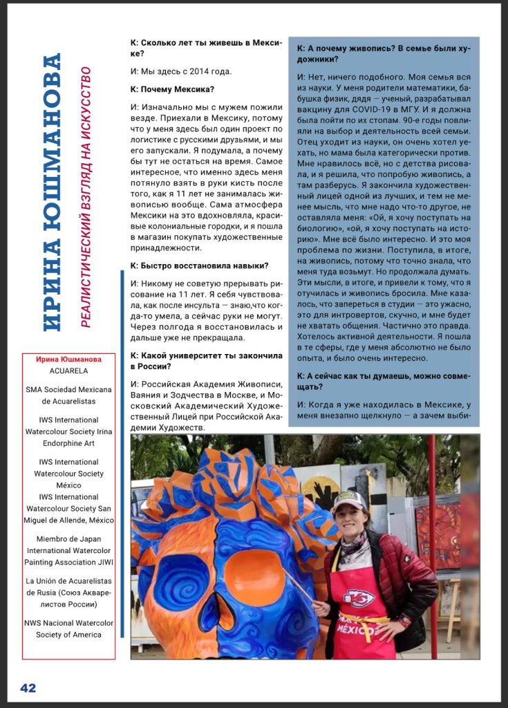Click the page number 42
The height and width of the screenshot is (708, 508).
[28, 688]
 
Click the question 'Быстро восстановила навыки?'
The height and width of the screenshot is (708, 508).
[199, 265]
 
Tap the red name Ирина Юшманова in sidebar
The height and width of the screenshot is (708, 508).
[68, 359]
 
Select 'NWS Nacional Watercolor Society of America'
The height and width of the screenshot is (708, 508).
[68, 628]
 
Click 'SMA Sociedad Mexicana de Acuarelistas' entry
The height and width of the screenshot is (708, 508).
[68, 395]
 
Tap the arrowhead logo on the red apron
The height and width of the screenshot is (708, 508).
[361, 597]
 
